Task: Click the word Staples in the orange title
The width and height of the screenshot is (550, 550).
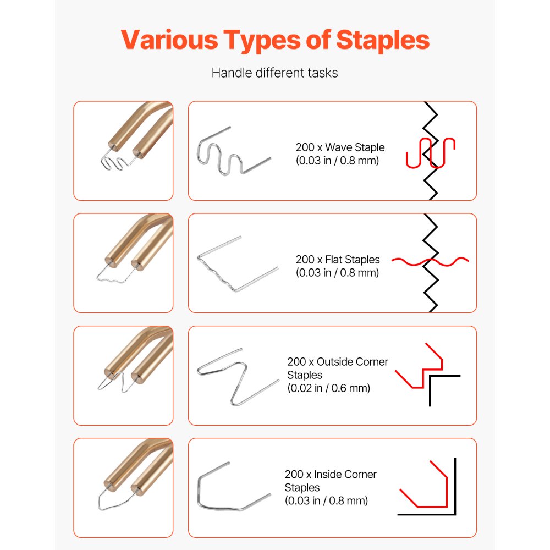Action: [383, 40]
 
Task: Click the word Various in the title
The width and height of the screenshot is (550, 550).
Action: [169, 39]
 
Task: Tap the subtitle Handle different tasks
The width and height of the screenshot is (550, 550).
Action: [274, 73]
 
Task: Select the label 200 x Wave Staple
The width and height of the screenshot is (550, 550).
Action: [340, 147]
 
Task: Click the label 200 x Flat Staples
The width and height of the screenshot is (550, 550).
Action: [338, 260]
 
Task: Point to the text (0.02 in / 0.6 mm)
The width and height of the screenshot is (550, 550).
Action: [329, 388]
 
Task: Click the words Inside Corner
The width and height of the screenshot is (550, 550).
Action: [345, 474]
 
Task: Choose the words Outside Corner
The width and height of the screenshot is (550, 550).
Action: [352, 362]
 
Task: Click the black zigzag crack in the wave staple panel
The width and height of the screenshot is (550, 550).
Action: [431, 151]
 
